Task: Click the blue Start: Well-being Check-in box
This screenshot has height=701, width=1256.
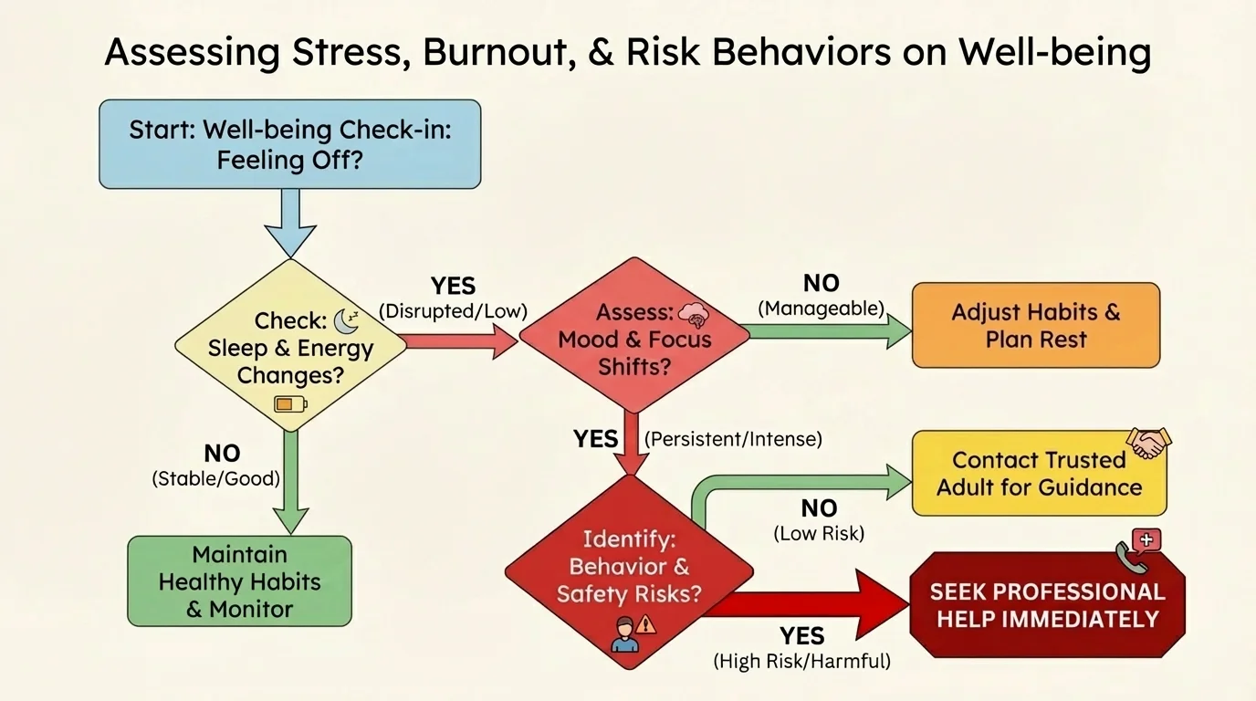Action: click(289, 144)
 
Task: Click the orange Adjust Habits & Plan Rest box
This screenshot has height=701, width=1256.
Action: click(1035, 325)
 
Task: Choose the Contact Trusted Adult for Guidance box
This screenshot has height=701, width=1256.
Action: click(1039, 474)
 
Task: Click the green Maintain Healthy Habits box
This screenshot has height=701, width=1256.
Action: click(239, 581)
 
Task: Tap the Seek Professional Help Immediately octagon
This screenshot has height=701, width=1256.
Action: click(1047, 604)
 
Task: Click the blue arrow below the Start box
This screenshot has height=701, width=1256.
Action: click(288, 222)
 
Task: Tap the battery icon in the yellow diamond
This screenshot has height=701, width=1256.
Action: click(291, 403)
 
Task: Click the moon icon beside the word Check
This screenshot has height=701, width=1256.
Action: click(346, 320)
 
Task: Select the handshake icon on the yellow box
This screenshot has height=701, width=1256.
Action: click(1148, 442)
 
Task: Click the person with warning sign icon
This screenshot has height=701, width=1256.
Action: click(632, 633)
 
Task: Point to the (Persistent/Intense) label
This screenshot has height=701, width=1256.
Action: click(733, 439)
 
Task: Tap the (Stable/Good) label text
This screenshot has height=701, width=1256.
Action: click(215, 477)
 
